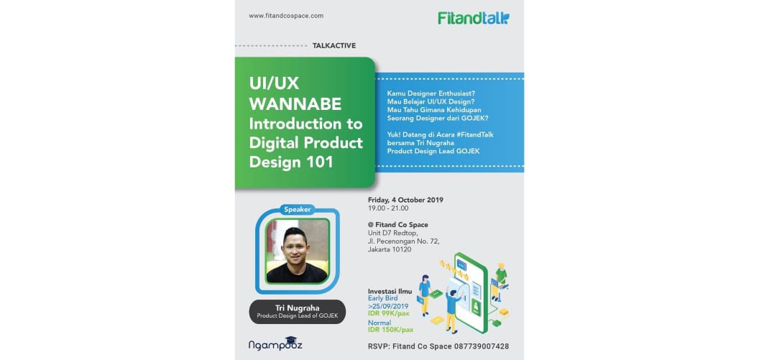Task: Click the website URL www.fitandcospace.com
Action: coord(286,16)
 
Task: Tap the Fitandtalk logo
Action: coord(474,19)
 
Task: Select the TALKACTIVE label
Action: coord(334,46)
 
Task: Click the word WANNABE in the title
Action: coord(295,103)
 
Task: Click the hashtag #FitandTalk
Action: coord(467,134)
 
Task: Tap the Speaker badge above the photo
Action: coord(297,211)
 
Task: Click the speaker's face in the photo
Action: coord(296,247)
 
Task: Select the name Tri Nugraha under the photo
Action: coord(298,308)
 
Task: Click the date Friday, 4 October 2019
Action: coord(405,200)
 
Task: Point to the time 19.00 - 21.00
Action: coord(388,208)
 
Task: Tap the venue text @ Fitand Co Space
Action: coord(398,225)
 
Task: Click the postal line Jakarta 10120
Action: coord(390,249)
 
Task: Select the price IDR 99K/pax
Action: coord(389,313)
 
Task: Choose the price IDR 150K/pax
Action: coord(390,331)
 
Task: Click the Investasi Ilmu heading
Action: coord(390,291)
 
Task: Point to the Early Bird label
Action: coord(382,298)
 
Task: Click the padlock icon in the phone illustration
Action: coord(476,306)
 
